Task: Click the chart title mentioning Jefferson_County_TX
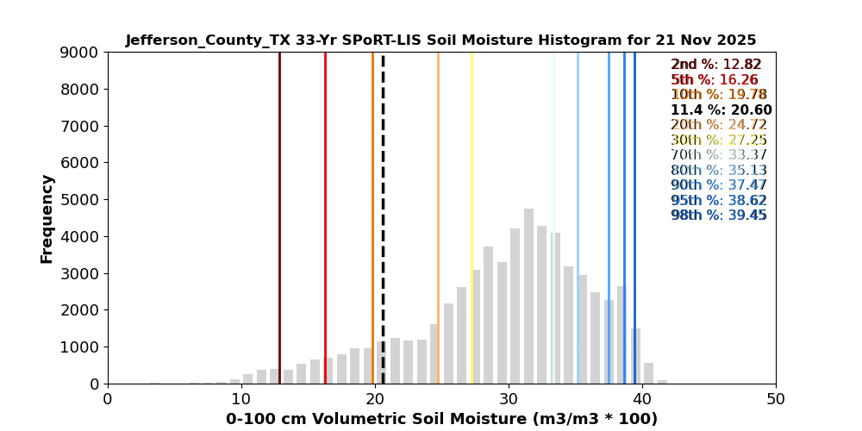[440, 41]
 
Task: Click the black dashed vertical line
[383, 215]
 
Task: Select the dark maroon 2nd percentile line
[279, 215]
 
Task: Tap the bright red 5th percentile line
[325, 215]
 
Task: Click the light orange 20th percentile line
[438, 215]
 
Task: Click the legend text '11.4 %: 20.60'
[721, 110]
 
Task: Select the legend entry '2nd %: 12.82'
[715, 65]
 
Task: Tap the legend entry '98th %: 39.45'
[718, 215]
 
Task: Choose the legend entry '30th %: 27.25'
[718, 141]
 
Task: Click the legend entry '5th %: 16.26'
[715, 80]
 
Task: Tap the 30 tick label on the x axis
[509, 399]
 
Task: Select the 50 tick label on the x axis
[776, 399]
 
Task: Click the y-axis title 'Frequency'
[47, 218]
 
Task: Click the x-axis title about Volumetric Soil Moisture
[441, 419]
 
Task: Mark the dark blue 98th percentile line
[634, 215]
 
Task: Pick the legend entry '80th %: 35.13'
[718, 171]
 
